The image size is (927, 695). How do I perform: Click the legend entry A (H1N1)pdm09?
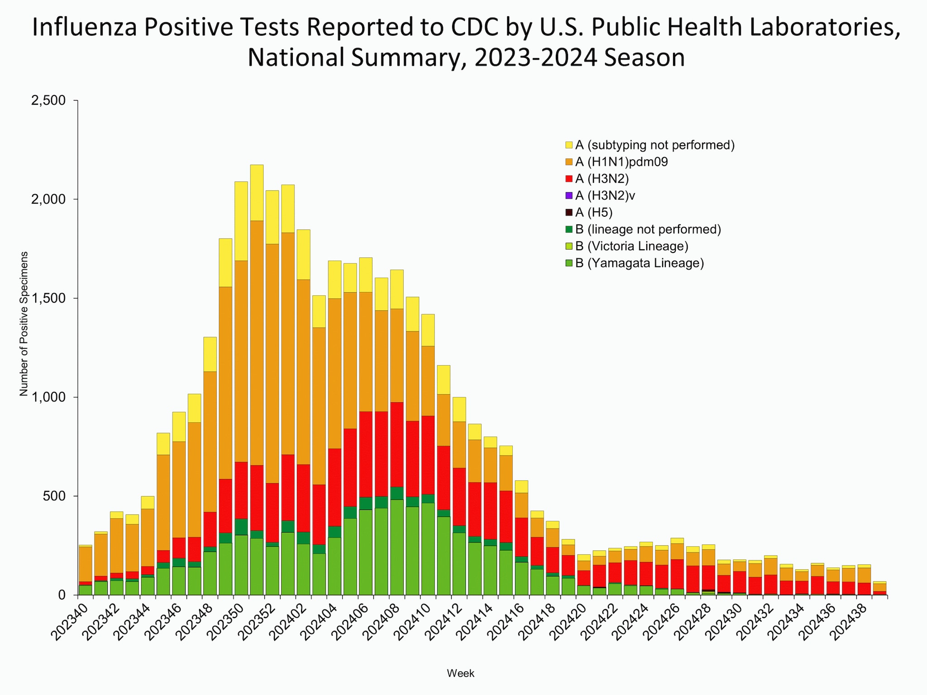pyautogui.click(x=621, y=162)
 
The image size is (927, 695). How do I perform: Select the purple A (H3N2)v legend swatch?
pyautogui.click(x=569, y=195)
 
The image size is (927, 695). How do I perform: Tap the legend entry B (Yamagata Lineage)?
pyautogui.click(x=639, y=263)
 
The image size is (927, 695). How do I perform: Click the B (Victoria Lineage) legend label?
pyautogui.click(x=631, y=246)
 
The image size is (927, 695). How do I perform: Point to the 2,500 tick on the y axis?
pyautogui.click(x=48, y=100)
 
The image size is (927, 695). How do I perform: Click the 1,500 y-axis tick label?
pyautogui.click(x=48, y=299)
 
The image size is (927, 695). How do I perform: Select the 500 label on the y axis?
pyautogui.click(x=56, y=496)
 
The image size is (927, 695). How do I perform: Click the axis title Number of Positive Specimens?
pyautogui.click(x=24, y=324)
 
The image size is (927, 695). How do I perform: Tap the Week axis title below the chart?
pyautogui.click(x=460, y=673)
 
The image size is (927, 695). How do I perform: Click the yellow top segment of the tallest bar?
pyautogui.click(x=257, y=193)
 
